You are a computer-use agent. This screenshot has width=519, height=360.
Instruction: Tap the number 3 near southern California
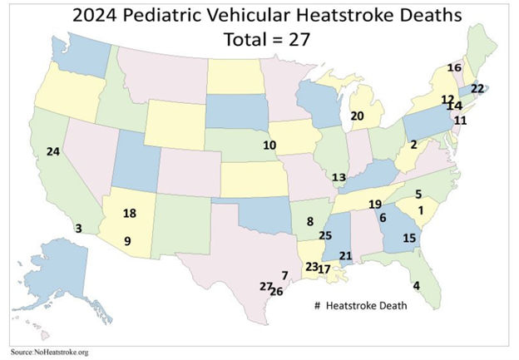78,228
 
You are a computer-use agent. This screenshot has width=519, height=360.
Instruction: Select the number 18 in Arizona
129,214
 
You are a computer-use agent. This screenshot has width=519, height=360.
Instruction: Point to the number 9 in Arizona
127,241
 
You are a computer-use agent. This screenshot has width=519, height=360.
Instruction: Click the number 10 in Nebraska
269,145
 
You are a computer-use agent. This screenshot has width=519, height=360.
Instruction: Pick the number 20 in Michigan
358,116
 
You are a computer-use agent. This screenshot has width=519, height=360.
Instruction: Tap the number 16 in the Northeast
453,67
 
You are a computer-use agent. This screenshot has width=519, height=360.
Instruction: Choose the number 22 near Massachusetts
477,88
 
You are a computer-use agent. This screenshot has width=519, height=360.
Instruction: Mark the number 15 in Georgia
408,238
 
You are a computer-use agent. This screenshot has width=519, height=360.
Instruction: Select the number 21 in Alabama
346,255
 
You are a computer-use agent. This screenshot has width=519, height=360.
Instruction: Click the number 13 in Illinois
339,178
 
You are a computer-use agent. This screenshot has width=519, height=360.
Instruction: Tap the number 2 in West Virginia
413,145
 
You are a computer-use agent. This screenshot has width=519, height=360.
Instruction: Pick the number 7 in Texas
284,274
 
